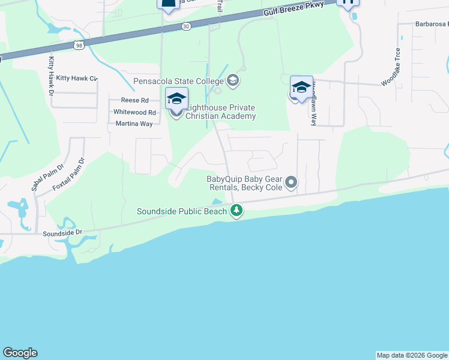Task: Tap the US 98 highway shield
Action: tap(79, 45)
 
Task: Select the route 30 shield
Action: tap(187, 26)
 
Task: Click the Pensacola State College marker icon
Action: tap(233, 80)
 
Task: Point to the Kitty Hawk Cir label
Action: tap(76, 79)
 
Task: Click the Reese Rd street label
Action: tap(134, 101)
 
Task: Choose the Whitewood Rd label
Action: tap(134, 112)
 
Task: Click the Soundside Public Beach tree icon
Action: tap(237, 211)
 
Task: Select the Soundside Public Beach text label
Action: tap(182, 211)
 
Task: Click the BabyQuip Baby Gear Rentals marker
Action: tap(291, 181)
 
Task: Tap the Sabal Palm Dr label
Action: tap(46, 178)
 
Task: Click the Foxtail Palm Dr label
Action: tap(69, 174)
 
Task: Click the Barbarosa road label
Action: tap(431, 25)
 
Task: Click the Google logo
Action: tap(20, 353)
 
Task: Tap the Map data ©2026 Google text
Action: tap(412, 355)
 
